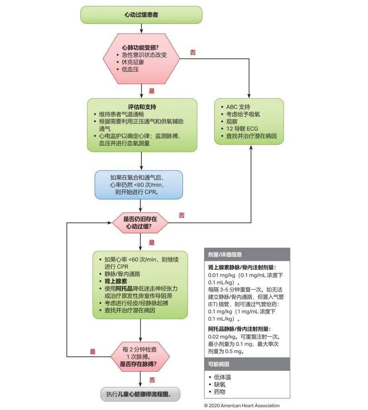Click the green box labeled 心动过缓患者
141,15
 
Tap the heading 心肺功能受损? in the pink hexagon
140,47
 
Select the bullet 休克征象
133,62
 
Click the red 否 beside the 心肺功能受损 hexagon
193,52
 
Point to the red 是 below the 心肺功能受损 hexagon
151,91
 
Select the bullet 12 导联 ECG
242,129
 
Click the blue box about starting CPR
139,184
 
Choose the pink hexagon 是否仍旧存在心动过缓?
141,223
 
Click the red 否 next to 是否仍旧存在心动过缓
182,215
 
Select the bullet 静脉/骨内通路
123,274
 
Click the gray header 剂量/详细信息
225,255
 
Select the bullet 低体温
223,377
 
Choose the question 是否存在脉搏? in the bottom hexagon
139,364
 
